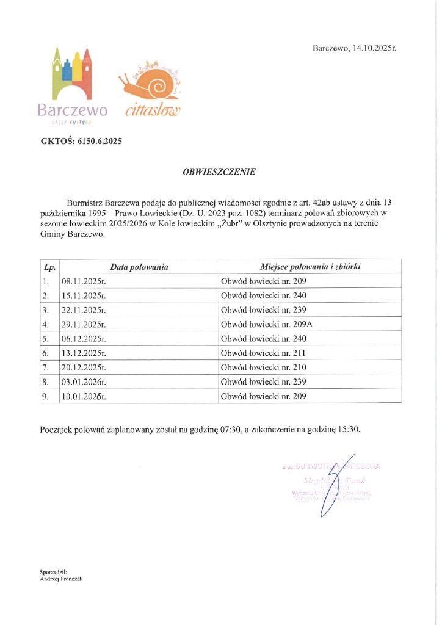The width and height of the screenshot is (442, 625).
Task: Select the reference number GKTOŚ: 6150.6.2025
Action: [x=81, y=142]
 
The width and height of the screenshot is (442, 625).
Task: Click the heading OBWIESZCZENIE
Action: [x=220, y=172]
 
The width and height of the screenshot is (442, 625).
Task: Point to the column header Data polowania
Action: [x=139, y=267]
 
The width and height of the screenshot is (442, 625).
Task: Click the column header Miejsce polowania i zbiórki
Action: [x=310, y=267]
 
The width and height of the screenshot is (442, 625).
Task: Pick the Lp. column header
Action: [x=49, y=267]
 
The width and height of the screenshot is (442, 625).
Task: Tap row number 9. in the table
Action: [x=46, y=396]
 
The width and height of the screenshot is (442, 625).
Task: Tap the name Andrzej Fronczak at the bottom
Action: [x=60, y=579]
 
